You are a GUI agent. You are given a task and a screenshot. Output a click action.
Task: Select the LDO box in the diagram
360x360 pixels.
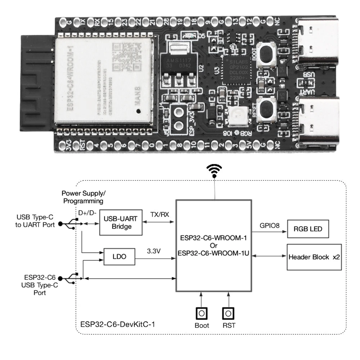coord(119,257)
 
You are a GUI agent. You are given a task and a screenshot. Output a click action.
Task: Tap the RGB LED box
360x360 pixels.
coord(308,229)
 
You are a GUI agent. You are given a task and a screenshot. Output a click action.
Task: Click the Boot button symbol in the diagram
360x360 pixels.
coord(202,314)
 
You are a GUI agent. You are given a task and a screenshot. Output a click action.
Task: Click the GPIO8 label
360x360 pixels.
coord(269,226)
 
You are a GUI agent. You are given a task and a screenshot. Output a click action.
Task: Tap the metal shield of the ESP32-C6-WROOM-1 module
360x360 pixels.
coord(104,81)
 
